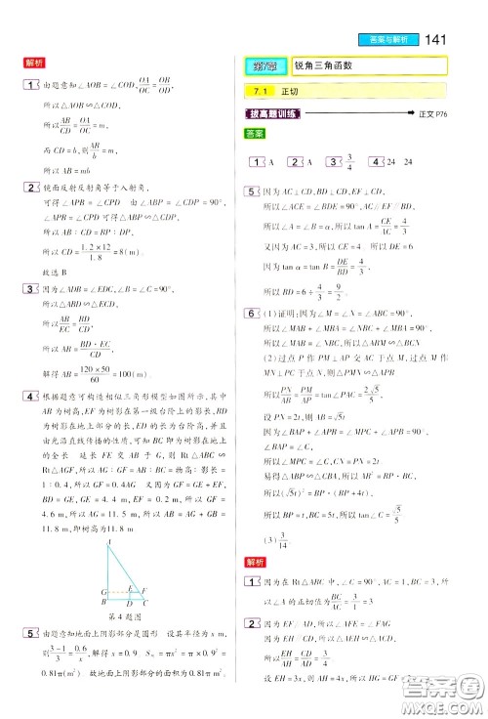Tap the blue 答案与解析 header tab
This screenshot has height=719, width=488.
coord(395,39)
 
